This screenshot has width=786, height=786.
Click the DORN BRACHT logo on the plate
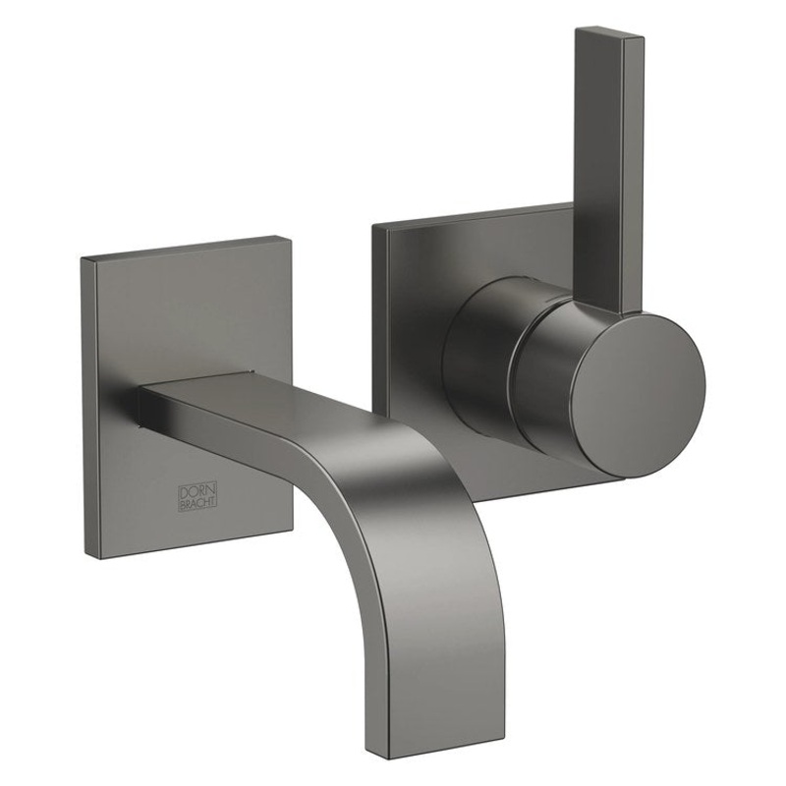(196, 494)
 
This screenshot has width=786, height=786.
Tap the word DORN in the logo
(196, 487)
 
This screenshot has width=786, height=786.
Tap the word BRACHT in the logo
(196, 502)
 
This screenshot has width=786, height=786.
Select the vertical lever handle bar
(609, 167)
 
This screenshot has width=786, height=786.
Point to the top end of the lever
(609, 34)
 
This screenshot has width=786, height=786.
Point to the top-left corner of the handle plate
(374, 227)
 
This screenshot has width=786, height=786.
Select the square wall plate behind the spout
(187, 314)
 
